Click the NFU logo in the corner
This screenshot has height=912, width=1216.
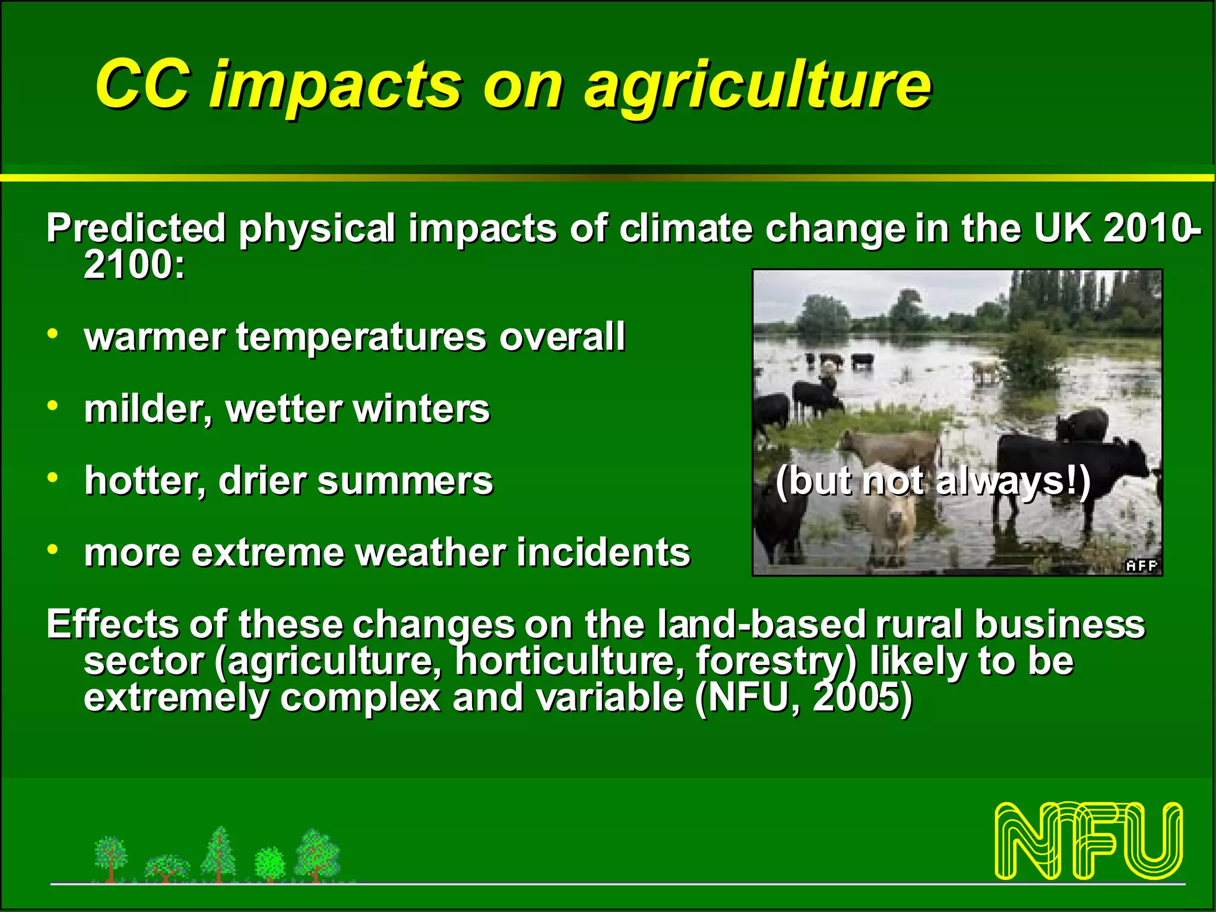pos(1089,840)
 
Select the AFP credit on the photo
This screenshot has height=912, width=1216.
pos(1142,566)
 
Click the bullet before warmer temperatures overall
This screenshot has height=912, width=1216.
pos(53,334)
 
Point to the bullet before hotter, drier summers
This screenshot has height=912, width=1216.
pos(53,477)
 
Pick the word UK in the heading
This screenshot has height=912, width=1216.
pos(1063,227)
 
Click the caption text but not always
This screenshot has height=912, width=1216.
pos(933,481)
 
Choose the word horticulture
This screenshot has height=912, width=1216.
pos(569,661)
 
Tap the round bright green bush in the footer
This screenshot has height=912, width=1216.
pos(270,863)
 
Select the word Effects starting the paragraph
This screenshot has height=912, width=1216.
pos(112,625)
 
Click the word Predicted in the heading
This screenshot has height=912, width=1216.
pos(136,229)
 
